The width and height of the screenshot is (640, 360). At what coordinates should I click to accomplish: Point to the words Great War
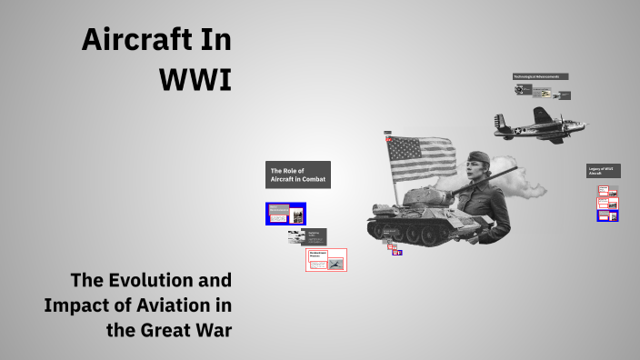[185, 329]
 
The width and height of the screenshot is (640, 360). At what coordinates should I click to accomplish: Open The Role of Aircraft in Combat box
[298, 175]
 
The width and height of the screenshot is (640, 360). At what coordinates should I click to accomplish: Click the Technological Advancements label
[541, 76]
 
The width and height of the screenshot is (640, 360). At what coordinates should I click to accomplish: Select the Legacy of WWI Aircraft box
[603, 171]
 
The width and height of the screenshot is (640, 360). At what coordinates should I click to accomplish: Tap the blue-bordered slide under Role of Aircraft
[285, 214]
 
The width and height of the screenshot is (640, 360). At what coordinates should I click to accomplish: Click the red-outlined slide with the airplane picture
[325, 260]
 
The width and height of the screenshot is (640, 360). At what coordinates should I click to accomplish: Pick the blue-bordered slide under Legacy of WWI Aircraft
[608, 215]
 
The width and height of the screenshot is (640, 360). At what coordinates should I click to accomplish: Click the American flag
[421, 159]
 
